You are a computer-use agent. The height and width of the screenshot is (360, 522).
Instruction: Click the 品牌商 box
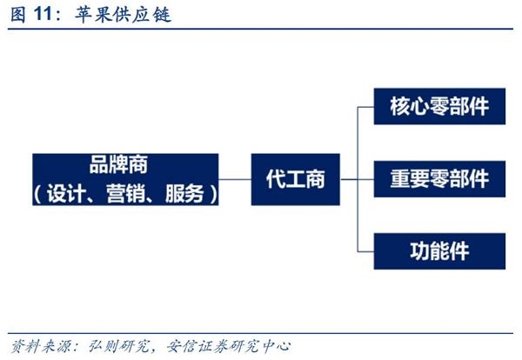[x=125, y=179]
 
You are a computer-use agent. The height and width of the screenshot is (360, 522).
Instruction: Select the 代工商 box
[x=295, y=179]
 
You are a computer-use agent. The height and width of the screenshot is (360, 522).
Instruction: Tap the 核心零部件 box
[x=439, y=106]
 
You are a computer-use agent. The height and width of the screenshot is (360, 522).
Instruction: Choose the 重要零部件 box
[x=439, y=179]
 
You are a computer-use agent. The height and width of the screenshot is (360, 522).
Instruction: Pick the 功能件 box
[x=439, y=251]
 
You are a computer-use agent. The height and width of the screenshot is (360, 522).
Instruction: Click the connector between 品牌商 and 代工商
[x=235, y=179]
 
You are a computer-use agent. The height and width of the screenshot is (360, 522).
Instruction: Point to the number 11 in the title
[x=43, y=14]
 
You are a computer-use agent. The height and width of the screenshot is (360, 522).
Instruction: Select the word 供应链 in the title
[x=143, y=15]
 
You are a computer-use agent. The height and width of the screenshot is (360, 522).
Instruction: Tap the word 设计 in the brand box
[x=66, y=193]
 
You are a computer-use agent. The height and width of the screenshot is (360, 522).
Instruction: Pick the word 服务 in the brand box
[x=184, y=193]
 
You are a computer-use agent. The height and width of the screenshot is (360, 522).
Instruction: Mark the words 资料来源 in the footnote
[x=41, y=346]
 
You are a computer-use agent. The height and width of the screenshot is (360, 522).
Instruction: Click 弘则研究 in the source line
[x=118, y=346]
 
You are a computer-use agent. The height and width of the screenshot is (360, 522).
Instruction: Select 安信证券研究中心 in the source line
[x=228, y=346]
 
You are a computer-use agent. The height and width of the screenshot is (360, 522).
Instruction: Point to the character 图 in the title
[x=18, y=15]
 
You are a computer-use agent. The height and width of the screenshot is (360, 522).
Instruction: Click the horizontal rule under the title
[x=260, y=29]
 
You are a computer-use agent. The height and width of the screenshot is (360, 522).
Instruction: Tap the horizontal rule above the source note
[x=260, y=333]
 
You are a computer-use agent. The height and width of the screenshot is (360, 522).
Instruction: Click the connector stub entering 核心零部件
[x=366, y=107]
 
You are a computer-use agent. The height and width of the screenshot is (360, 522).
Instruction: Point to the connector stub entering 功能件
[x=366, y=251]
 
